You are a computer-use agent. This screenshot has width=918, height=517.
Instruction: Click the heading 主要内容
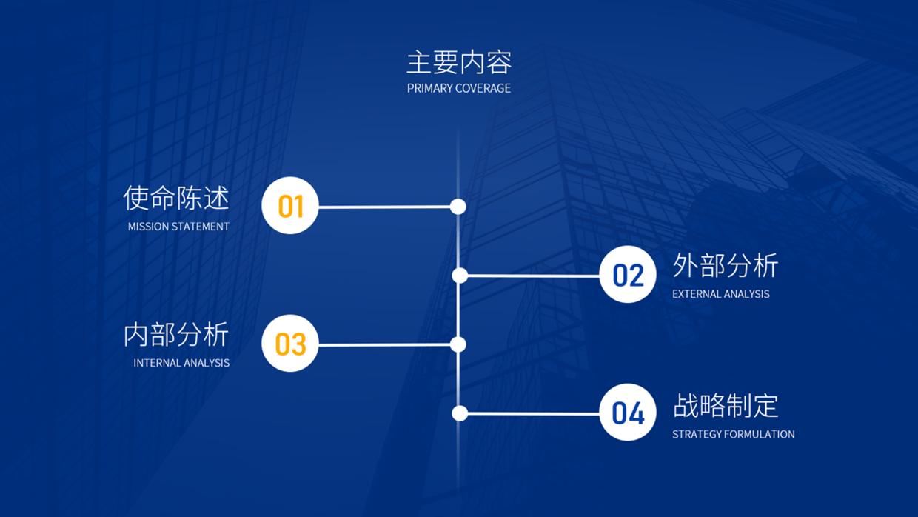click(x=459, y=62)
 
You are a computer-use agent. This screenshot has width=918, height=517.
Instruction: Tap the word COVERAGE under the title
click(x=483, y=88)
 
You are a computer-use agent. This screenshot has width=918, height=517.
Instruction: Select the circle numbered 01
click(x=290, y=206)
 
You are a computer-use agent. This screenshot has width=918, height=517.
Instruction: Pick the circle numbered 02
click(x=628, y=275)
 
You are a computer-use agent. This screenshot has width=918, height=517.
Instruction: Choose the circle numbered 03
click(x=290, y=344)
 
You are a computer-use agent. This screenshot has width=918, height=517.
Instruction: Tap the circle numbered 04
click(x=628, y=413)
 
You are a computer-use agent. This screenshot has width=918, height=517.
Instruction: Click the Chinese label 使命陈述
click(x=176, y=198)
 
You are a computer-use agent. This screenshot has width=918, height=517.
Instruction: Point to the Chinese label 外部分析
click(x=726, y=265)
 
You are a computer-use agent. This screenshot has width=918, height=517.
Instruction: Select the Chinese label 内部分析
click(x=176, y=335)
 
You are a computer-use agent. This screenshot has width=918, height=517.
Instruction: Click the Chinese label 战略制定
click(x=726, y=405)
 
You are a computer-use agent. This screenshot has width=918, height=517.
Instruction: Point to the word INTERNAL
click(x=155, y=363)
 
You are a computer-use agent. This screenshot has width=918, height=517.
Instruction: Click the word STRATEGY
click(x=697, y=434)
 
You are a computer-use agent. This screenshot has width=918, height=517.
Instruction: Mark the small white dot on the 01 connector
click(x=458, y=207)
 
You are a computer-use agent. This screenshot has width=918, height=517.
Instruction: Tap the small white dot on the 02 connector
click(x=460, y=276)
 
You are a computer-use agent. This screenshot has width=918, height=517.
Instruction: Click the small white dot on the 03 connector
click(x=458, y=344)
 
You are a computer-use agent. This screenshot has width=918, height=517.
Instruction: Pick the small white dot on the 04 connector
click(x=460, y=413)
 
